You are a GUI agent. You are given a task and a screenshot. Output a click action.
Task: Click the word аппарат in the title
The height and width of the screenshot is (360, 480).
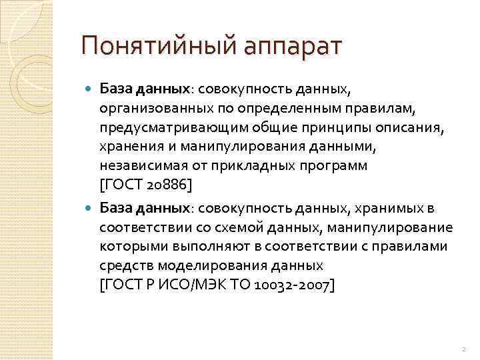coord(288,48)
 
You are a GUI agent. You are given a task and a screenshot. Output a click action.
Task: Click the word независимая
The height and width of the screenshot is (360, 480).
coord(137,164)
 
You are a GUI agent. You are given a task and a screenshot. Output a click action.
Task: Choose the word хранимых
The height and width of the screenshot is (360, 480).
coord(394,209)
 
